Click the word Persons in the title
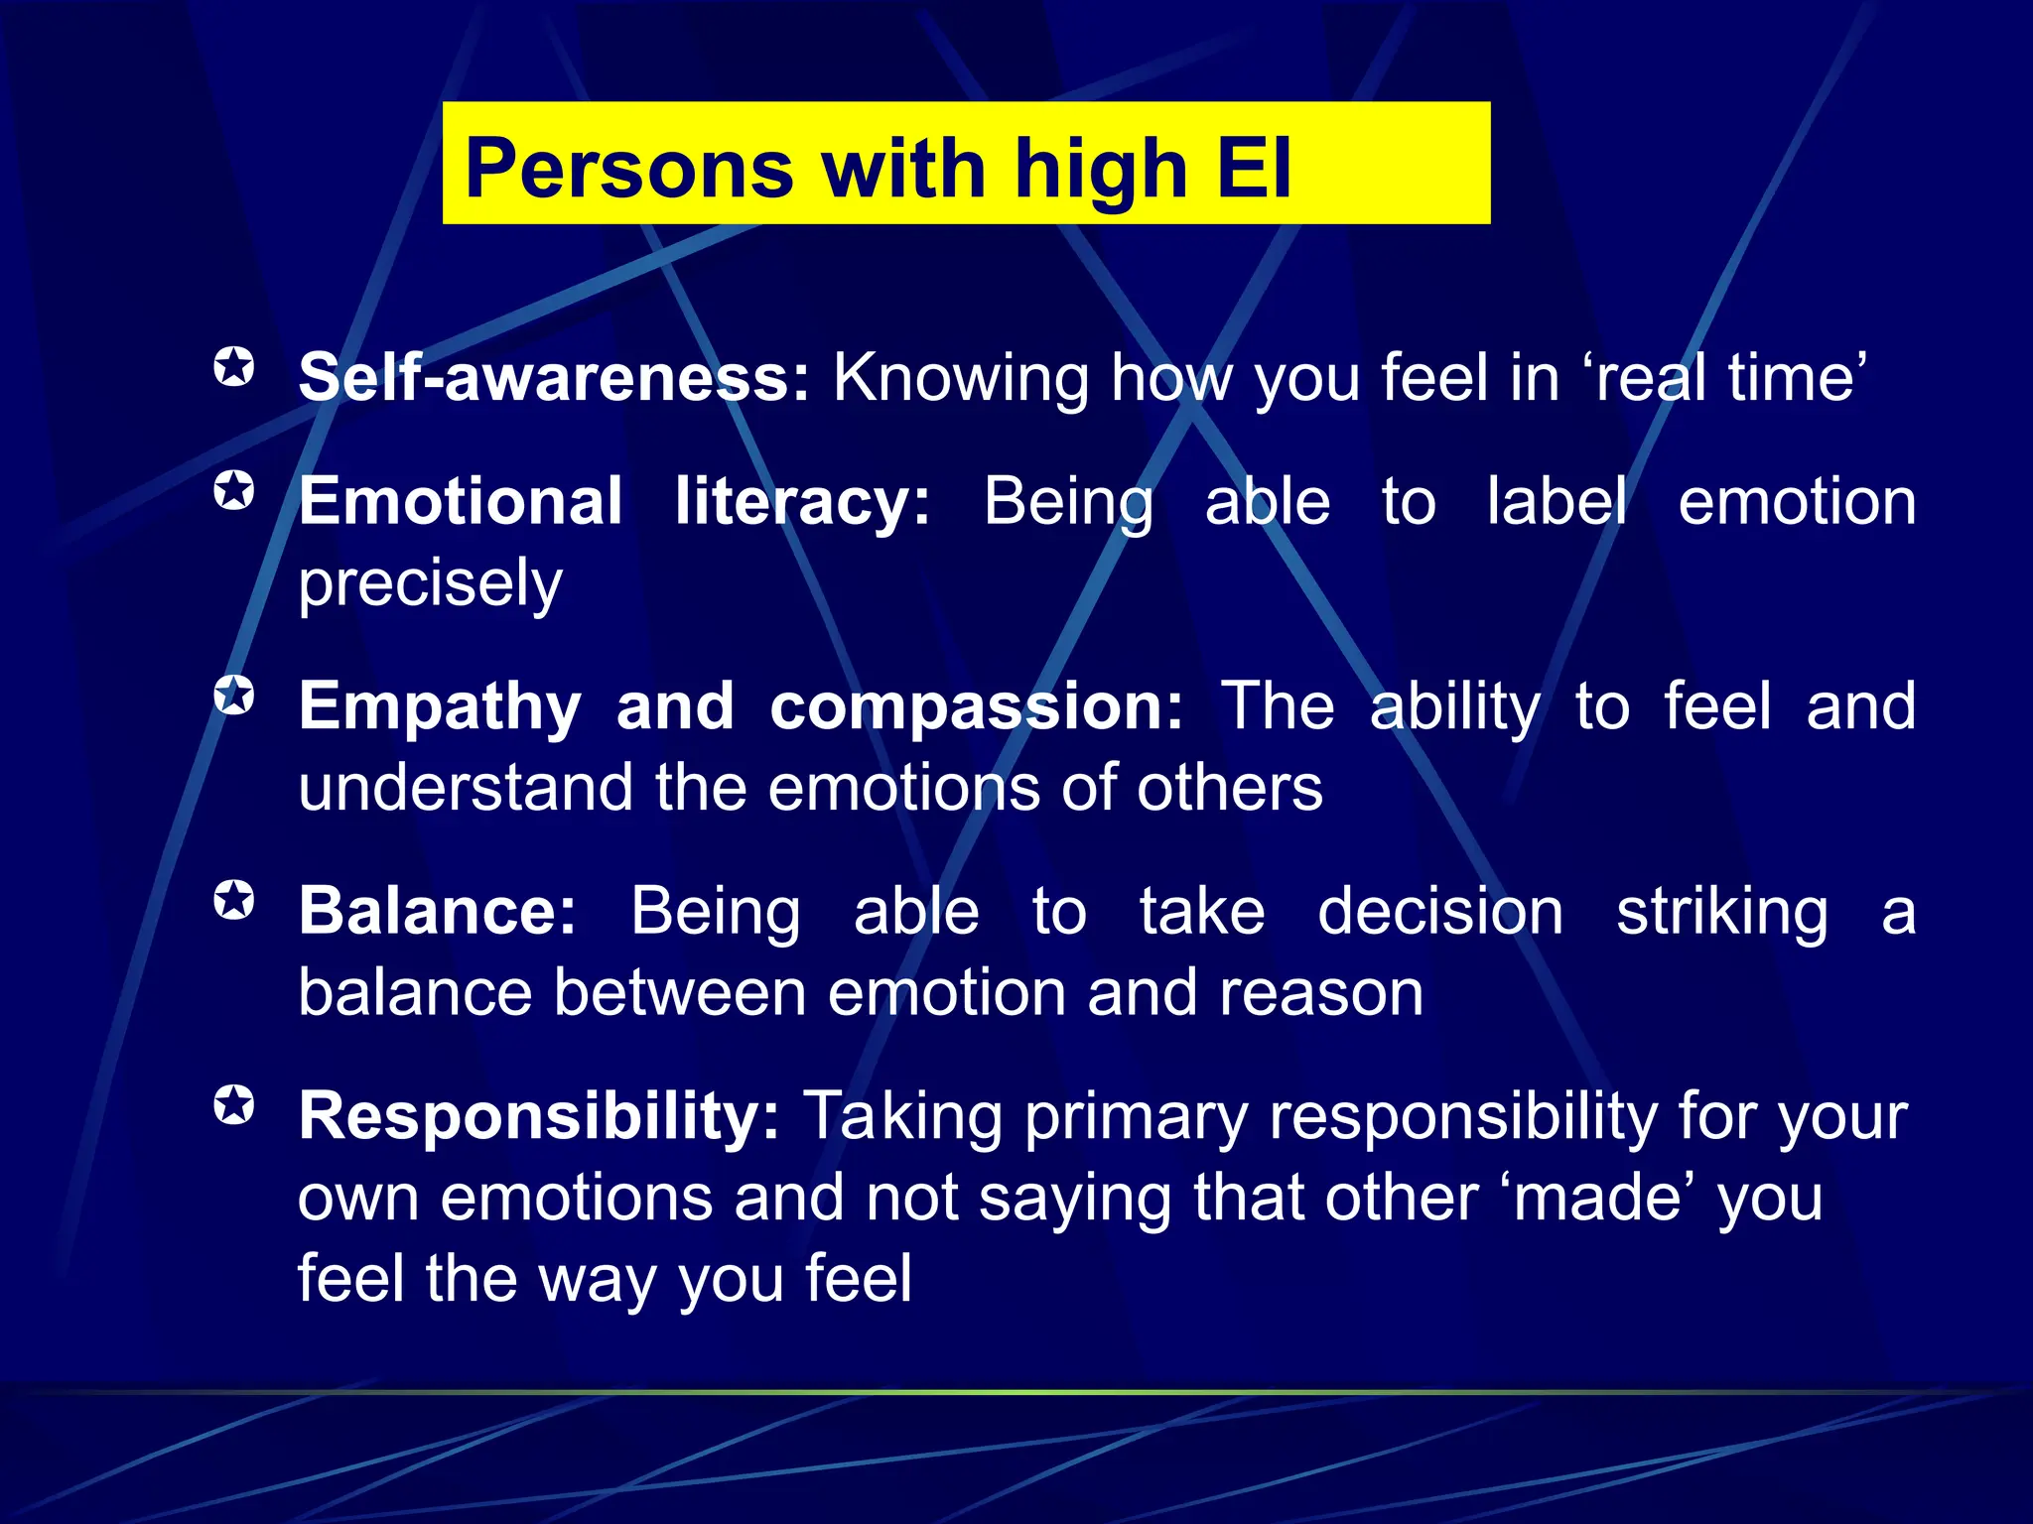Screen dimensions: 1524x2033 629,169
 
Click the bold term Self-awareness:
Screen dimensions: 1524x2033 554,378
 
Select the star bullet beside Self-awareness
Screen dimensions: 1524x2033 234,367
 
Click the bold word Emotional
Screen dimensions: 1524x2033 461,501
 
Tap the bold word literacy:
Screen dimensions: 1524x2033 802,501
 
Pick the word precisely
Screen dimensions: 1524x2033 430,584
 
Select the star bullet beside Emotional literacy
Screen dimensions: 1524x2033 234,490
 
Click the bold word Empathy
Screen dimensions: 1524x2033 440,706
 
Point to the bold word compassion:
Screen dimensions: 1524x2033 976,706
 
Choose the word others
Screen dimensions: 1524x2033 1229,788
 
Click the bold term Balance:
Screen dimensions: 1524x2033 438,911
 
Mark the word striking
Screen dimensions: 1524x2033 1721,911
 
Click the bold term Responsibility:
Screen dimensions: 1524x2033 539,1116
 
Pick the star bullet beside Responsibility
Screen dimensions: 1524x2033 234,1105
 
